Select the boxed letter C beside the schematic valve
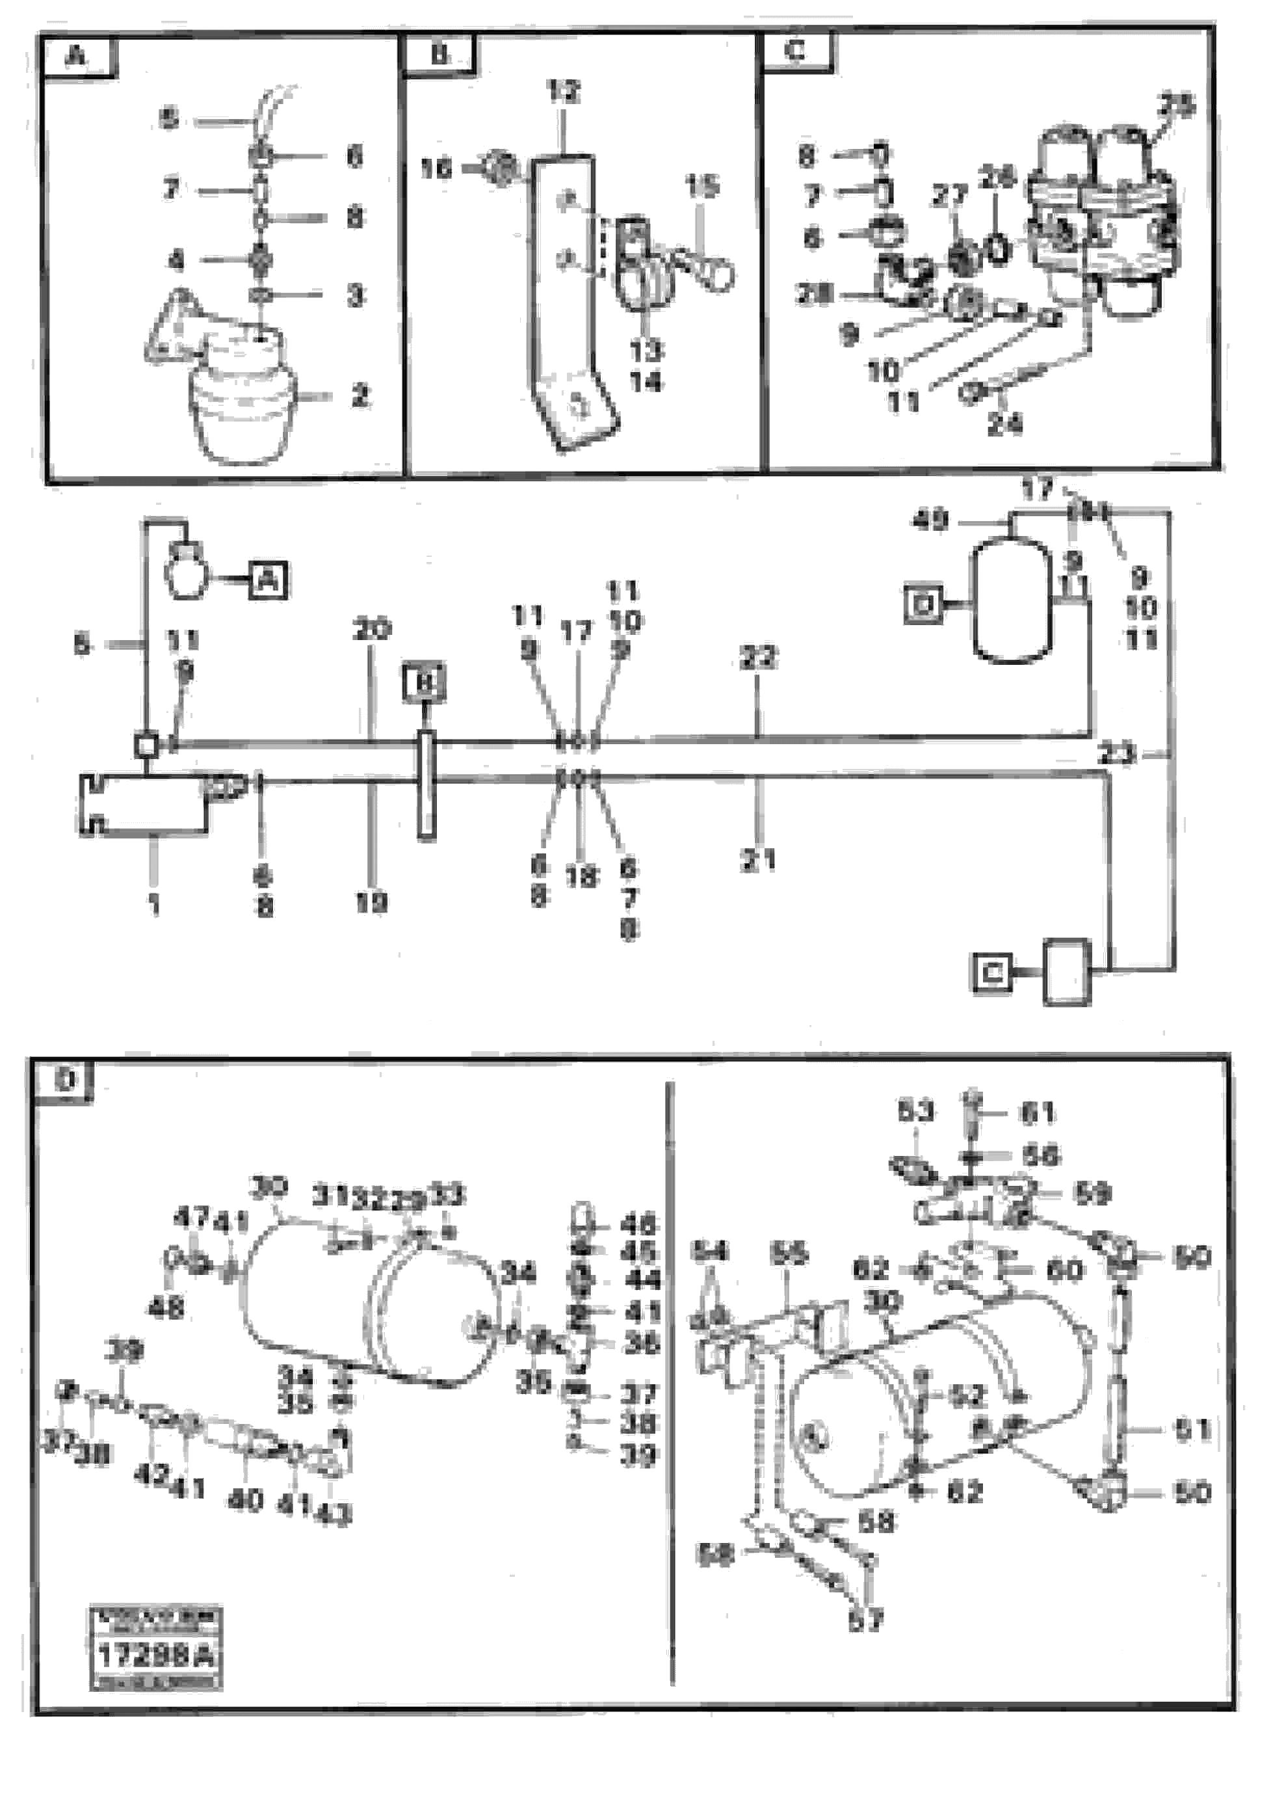click(991, 972)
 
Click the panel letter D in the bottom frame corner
click(66, 1080)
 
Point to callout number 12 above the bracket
click(563, 92)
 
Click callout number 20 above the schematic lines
click(372, 630)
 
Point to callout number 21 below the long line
click(757, 861)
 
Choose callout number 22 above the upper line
click(757, 658)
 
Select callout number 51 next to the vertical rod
click(1192, 1430)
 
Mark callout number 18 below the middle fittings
click(580, 877)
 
